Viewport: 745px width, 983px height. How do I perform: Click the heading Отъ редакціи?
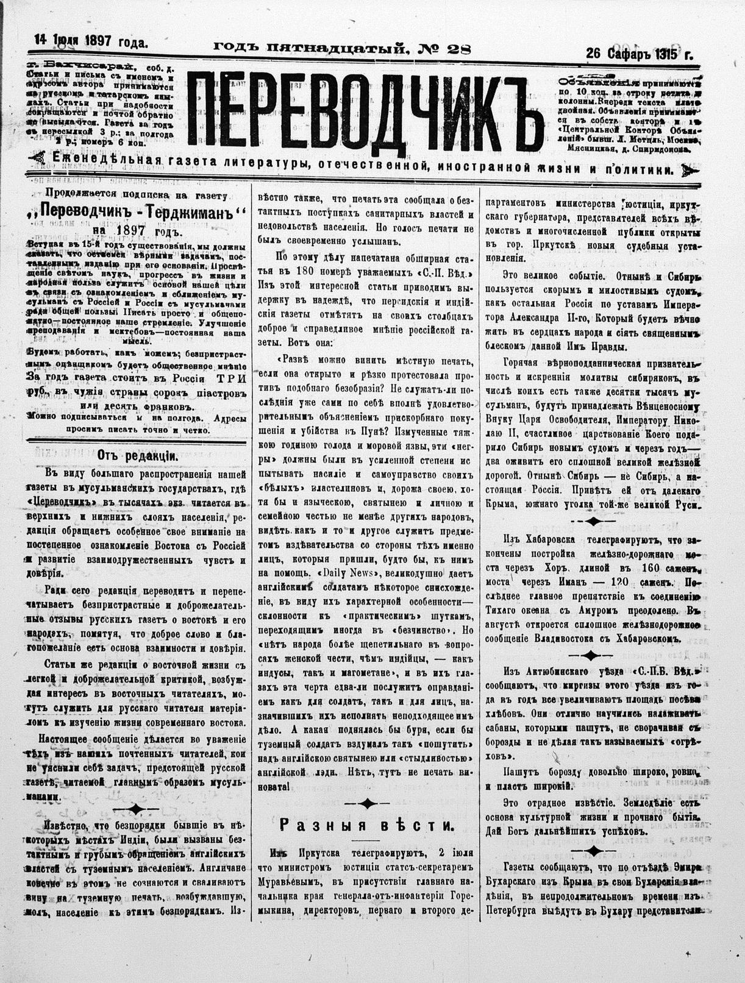coord(137,455)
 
